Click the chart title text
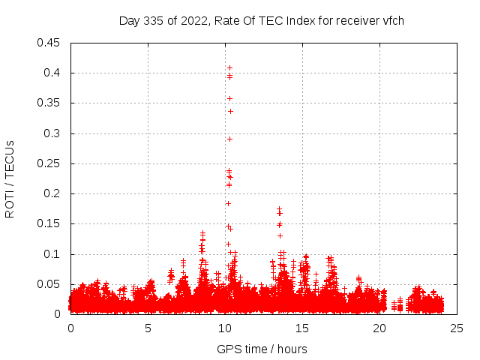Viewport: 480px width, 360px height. click(262, 20)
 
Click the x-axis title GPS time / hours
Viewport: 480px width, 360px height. click(262, 349)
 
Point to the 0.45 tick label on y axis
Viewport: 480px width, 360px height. click(49, 43)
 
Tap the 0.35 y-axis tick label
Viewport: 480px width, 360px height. click(49, 103)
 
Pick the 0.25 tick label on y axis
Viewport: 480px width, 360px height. click(49, 163)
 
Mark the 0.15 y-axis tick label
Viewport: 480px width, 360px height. click(49, 223)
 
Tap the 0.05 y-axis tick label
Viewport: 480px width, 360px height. click(49, 284)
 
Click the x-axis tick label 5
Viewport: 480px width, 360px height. click(148, 328)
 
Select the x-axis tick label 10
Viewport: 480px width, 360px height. click(225, 328)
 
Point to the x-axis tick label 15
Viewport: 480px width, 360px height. click(302, 328)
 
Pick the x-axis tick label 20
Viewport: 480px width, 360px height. click(379, 328)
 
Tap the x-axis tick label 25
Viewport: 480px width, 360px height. click(457, 328)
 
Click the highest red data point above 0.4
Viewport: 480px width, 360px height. click(229, 68)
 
